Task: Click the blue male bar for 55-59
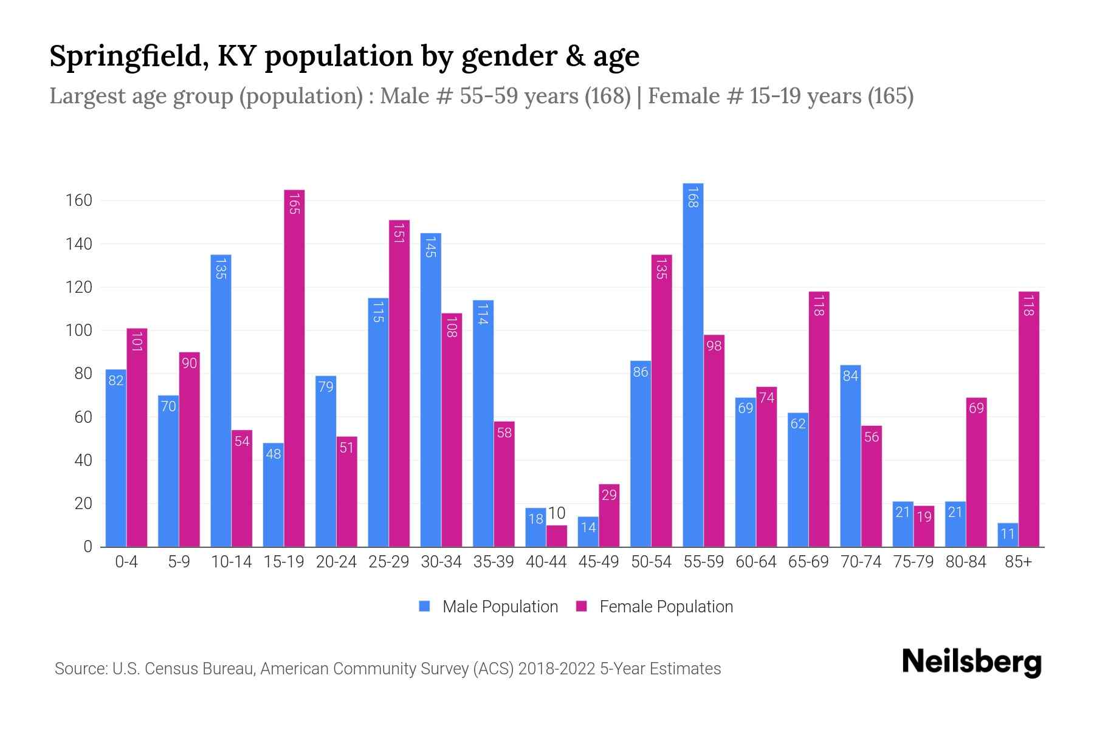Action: tap(693, 364)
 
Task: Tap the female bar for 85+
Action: tap(1028, 419)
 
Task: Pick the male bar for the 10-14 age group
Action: tap(221, 401)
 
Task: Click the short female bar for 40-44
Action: tap(557, 536)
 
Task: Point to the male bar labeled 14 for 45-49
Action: tap(588, 532)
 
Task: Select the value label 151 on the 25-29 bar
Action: tap(399, 233)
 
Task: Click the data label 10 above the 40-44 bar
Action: tap(557, 513)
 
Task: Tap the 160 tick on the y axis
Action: tap(79, 200)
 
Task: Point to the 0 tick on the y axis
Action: tap(88, 547)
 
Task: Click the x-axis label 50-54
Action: tap(651, 562)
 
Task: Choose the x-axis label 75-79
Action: tap(913, 562)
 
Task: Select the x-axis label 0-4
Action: tap(126, 562)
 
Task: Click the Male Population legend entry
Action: tap(500, 607)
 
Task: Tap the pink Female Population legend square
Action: tap(582, 606)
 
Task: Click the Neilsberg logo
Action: tap(971, 662)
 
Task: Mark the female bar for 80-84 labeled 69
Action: tap(976, 472)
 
